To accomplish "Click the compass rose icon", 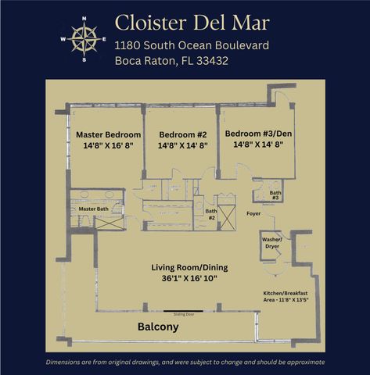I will [82, 37].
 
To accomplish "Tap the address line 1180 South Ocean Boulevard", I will [192, 45].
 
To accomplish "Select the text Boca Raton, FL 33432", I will [171, 61].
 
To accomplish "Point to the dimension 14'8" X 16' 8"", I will [107, 145].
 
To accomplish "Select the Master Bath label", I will [92, 209].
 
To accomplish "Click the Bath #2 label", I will [211, 213].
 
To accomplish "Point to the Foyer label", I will [253, 212].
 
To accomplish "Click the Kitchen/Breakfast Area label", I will [290, 296].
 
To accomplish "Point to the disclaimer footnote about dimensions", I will [185, 362].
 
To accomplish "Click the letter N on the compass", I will [83, 16].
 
